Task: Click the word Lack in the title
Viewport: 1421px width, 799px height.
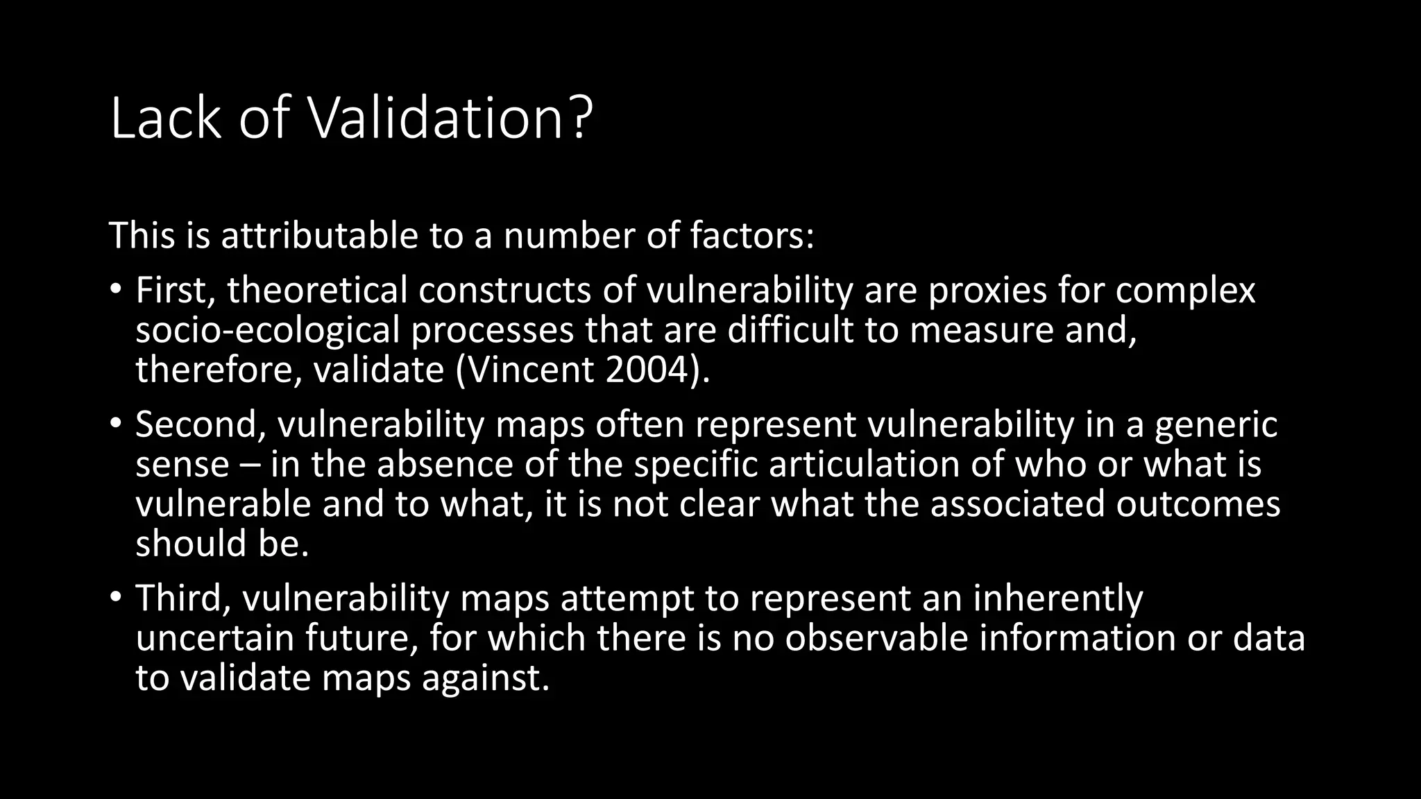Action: (165, 119)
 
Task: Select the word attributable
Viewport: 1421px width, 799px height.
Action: (319, 236)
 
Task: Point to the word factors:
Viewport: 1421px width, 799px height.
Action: (751, 236)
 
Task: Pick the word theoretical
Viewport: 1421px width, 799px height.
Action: (317, 290)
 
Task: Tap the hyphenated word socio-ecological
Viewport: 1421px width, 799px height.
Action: (267, 329)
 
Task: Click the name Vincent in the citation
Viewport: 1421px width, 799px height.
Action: (531, 370)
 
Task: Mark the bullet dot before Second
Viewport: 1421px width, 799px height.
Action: (116, 423)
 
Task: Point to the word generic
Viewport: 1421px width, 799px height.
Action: (1216, 424)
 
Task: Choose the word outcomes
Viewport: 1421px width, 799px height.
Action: (1198, 504)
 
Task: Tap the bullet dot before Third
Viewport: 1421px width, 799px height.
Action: (116, 596)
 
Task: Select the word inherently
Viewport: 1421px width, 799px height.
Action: (1057, 598)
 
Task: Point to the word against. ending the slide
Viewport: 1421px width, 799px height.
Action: (486, 678)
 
